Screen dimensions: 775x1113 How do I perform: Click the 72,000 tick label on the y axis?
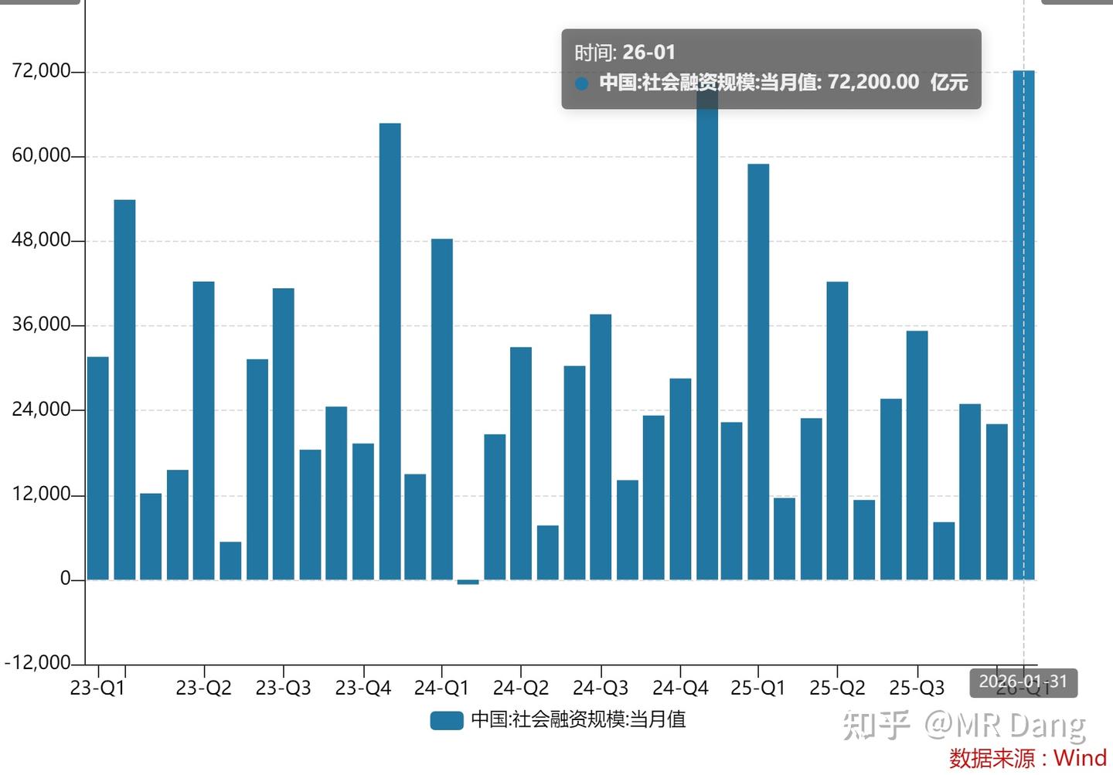41,71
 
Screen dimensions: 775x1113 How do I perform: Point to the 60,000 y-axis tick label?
41,155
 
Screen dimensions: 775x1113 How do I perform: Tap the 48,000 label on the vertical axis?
41,240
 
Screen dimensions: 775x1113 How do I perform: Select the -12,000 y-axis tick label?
38,663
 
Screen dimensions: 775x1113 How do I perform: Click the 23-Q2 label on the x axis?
203,688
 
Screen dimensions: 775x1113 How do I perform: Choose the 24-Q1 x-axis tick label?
441,688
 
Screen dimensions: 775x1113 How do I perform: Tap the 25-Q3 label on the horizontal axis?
917,688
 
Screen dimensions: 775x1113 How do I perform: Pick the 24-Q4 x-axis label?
680,688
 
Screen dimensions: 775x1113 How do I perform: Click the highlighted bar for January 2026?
1023,325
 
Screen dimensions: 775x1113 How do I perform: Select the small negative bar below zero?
468,582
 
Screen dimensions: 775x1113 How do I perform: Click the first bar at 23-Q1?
98,467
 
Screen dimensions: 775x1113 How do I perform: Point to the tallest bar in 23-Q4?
390,352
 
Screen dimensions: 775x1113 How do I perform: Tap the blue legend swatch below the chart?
447,720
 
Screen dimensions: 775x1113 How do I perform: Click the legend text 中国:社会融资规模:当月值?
578,720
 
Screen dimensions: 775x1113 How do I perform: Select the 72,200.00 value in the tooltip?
873,82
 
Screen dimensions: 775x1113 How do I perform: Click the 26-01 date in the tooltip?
649,53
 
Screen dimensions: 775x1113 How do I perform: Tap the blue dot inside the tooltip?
582,83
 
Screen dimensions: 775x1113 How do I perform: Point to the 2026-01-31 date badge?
1023,682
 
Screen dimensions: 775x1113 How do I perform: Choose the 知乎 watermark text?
876,724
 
